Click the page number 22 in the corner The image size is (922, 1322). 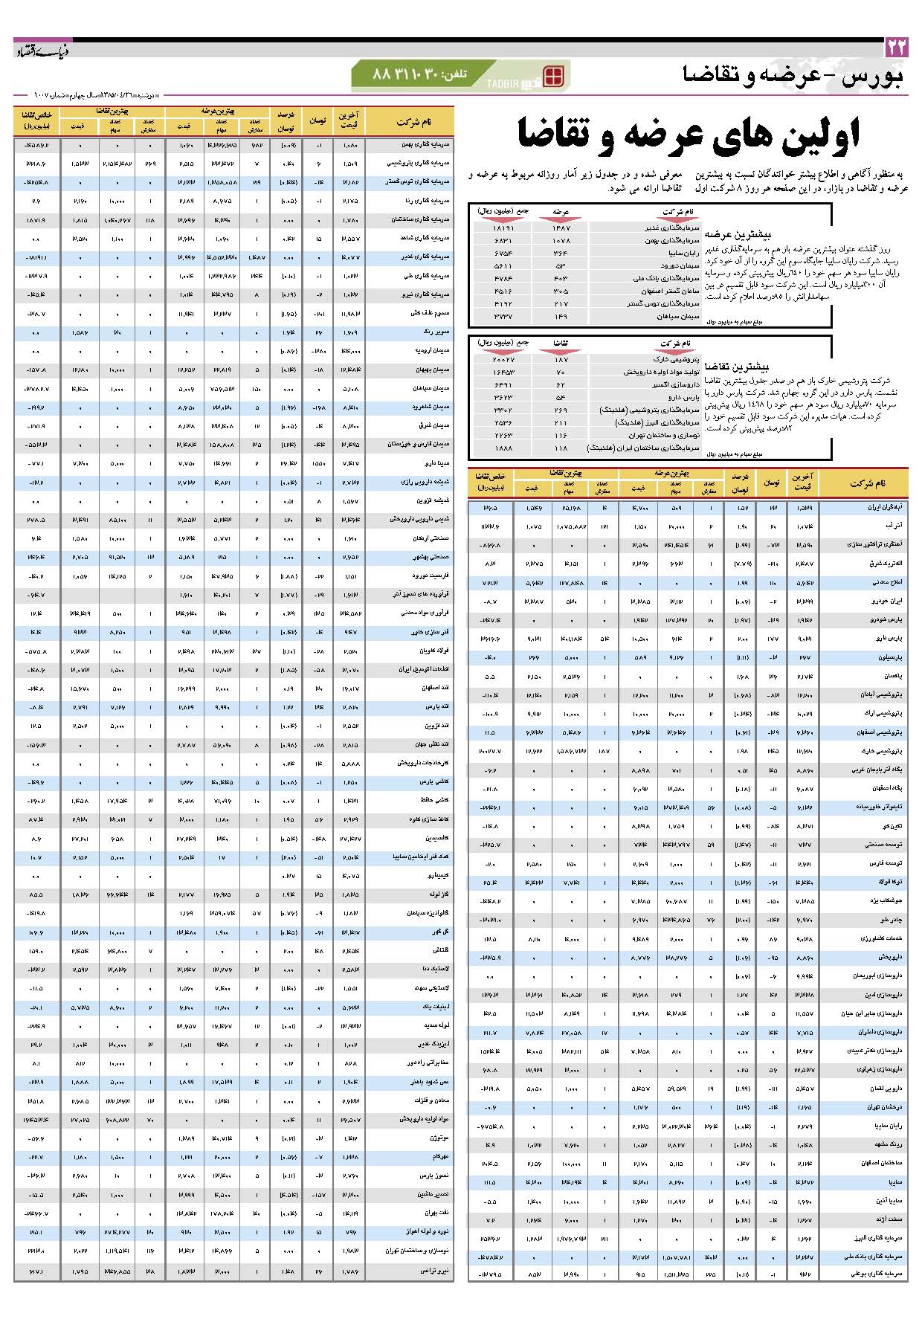(897, 48)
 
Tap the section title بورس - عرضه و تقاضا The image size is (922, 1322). (793, 76)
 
